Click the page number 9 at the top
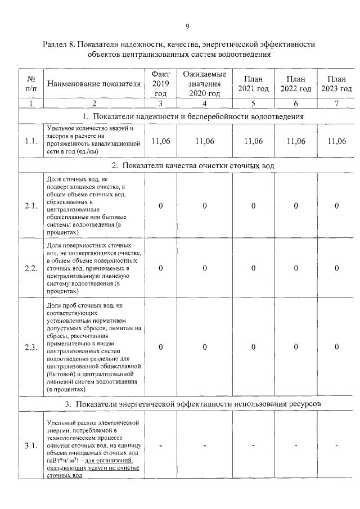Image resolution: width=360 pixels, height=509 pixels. [187, 26]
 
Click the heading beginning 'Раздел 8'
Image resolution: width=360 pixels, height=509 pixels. [179, 49]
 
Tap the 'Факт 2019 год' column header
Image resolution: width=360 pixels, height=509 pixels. [161, 84]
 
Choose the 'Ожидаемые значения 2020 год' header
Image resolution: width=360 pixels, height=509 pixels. [205, 84]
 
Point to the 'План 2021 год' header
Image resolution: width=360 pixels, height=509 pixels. [253, 84]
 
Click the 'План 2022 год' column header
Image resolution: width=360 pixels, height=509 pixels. [296, 84]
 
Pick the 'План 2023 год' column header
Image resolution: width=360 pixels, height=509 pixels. [336, 84]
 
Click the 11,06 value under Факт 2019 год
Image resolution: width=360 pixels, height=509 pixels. [161, 141]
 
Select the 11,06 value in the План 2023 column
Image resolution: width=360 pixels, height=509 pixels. [336, 141]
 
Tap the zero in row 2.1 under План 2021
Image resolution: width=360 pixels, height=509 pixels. [253, 206]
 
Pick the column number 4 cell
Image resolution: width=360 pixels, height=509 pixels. [205, 103]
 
